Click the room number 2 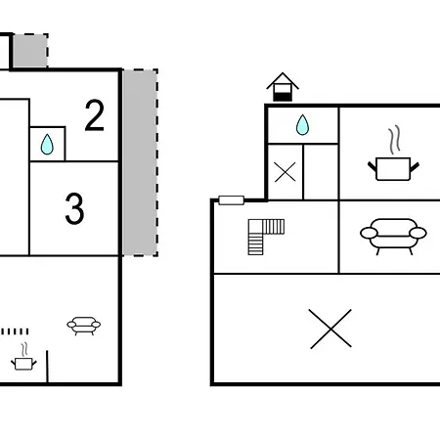95,115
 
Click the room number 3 74,209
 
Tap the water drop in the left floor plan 47,144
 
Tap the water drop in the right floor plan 302,125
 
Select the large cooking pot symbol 393,168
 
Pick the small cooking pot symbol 23,364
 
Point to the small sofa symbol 84,326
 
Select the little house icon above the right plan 283,87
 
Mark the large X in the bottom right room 330,329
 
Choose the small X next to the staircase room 285,172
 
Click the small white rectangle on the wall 232,200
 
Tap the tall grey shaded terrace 140,162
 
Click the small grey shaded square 30,51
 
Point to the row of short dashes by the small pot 15,331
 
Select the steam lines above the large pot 394,140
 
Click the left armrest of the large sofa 369,233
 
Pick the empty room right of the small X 321,172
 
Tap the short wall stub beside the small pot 47,367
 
